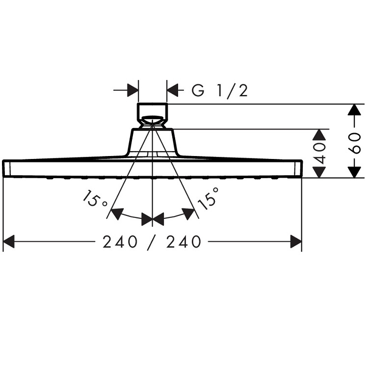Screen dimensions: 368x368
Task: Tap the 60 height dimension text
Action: pos(355,143)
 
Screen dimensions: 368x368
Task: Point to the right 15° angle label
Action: pos(209,199)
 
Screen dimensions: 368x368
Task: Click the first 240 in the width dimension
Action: pos(120,242)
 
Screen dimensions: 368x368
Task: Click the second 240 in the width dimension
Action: pos(184,242)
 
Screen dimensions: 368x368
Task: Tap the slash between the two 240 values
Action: pos(152,242)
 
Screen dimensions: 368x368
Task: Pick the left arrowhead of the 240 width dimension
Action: pos(9,241)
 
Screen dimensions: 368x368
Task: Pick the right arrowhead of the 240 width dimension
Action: pos(296,241)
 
